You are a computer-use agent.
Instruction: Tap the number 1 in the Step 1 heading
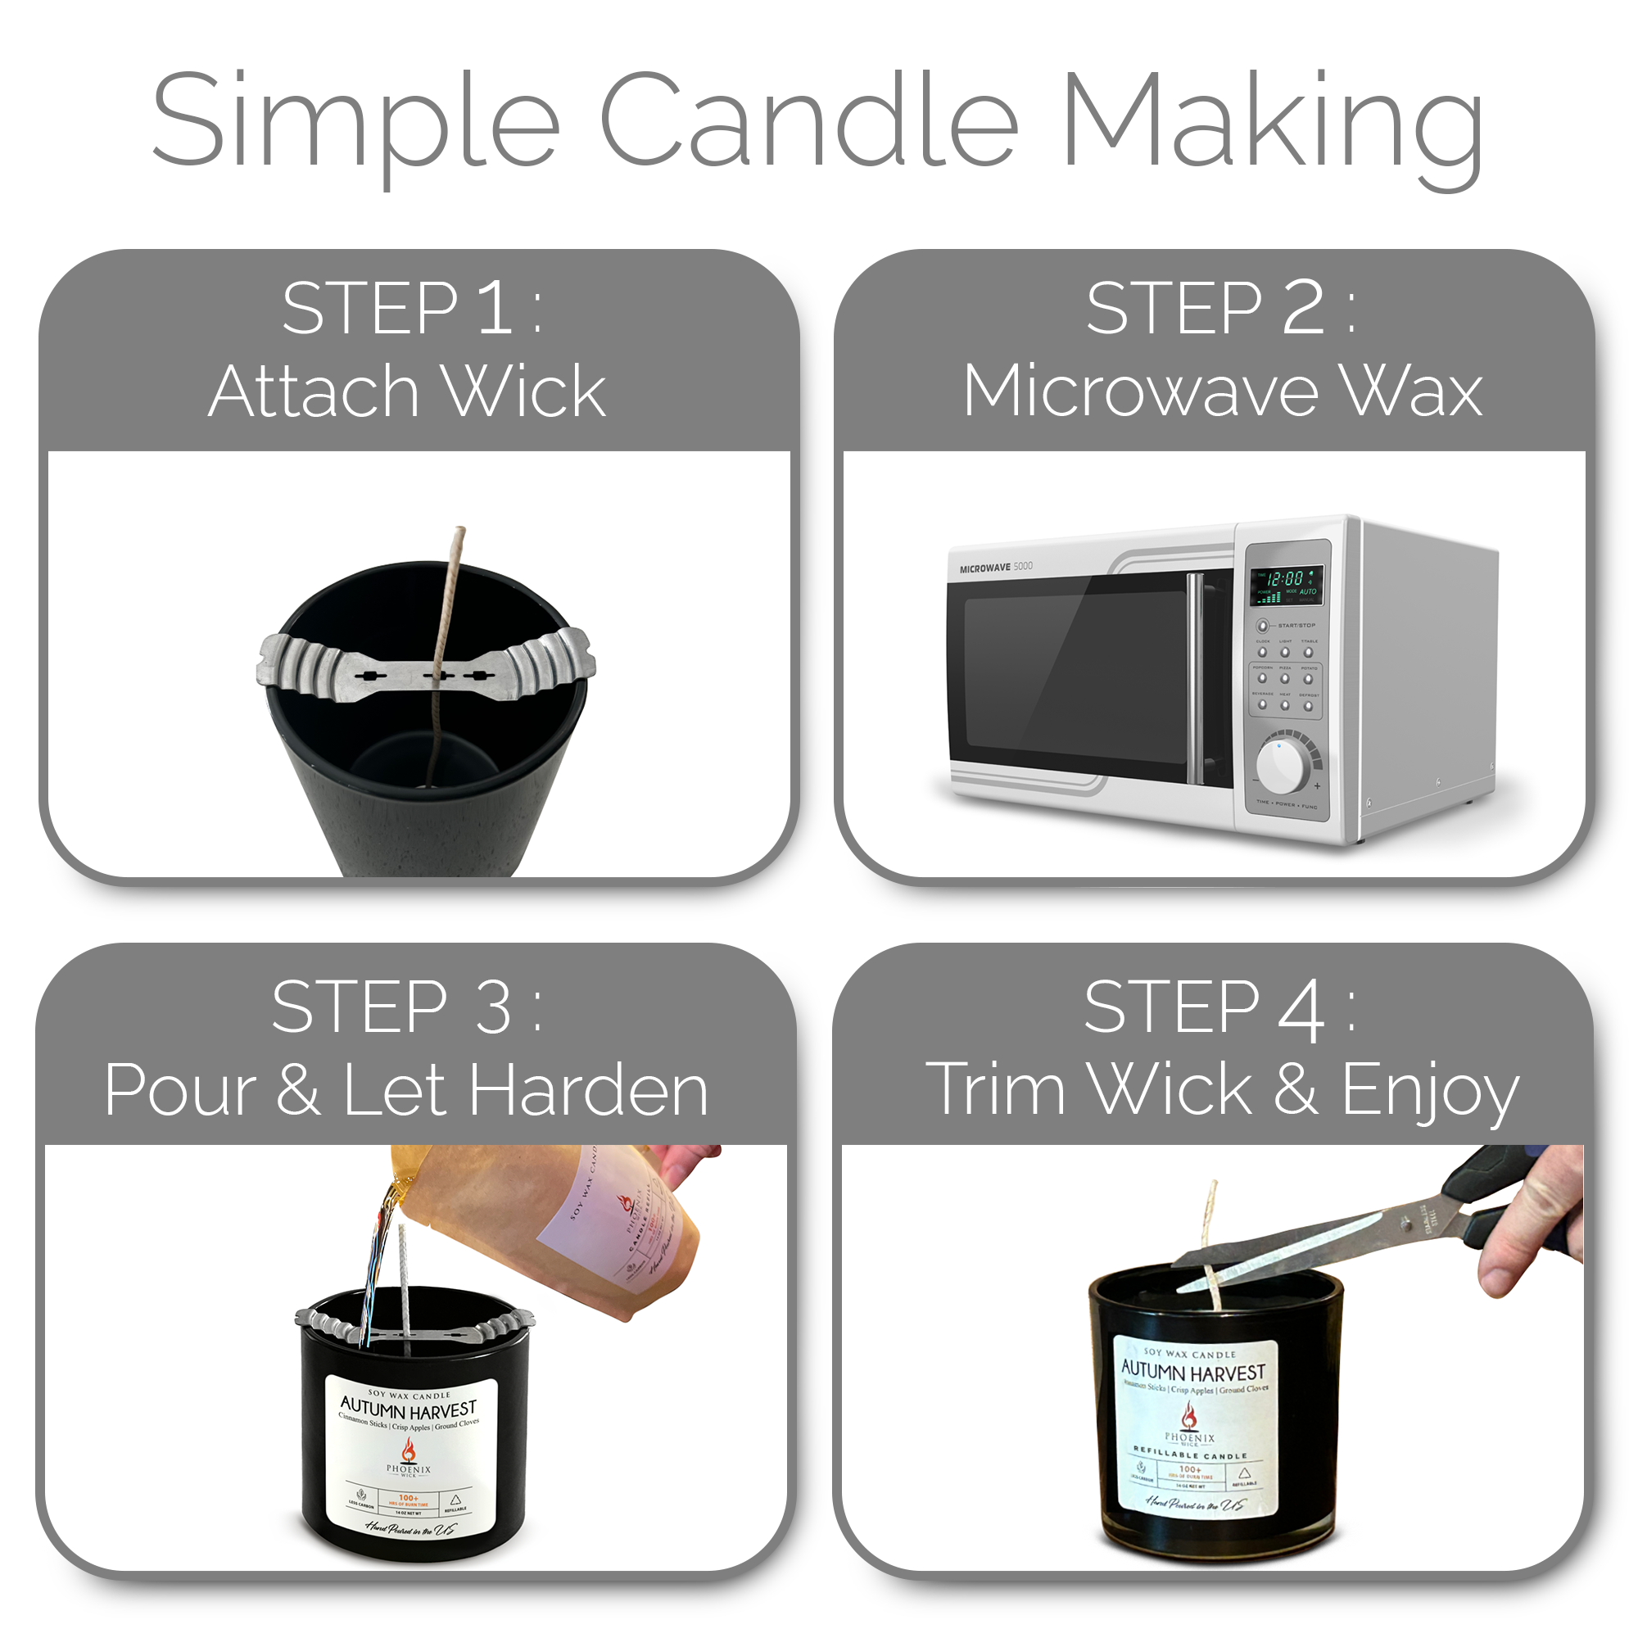click(x=495, y=309)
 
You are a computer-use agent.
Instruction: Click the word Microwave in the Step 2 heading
click(x=1139, y=391)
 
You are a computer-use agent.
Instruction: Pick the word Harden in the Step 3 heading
click(x=588, y=1090)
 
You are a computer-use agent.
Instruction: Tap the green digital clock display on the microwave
click(x=1286, y=585)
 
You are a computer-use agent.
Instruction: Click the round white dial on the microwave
click(x=1281, y=766)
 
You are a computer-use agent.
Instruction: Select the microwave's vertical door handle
click(x=1195, y=678)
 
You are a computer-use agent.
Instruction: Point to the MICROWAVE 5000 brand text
click(x=995, y=568)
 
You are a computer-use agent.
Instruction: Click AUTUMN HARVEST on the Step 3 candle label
click(x=409, y=1410)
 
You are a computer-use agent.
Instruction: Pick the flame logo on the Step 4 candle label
click(x=1189, y=1416)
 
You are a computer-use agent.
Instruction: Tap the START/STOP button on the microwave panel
click(x=1262, y=626)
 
